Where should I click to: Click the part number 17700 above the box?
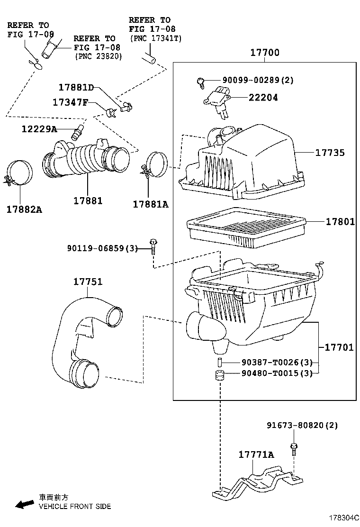265,53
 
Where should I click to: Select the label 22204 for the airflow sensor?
263,98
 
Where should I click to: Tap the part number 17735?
330,153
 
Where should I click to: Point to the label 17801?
340,221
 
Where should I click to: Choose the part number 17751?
88,282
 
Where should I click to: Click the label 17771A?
256,455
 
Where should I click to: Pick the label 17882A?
25,210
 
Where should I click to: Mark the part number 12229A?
39,129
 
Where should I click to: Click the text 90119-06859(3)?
103,248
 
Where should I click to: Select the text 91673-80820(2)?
302,426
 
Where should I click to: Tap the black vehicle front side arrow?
25,504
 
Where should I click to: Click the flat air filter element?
246,228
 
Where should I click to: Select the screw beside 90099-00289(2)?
200,82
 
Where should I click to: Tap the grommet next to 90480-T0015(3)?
220,375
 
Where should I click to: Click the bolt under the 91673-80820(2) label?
294,449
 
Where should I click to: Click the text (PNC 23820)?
98,56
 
